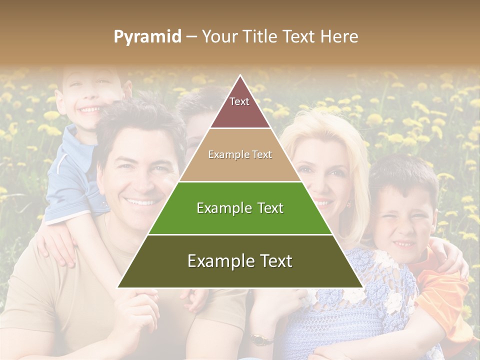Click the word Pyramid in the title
pyautogui.click(x=147, y=36)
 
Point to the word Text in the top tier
pyautogui.click(x=239, y=101)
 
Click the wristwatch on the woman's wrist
pyautogui.click(x=259, y=340)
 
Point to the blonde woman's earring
pyautogui.click(x=349, y=203)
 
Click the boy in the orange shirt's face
pyautogui.click(x=403, y=225)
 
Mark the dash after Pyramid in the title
pyautogui.click(x=191, y=36)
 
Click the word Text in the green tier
pyautogui.click(x=267, y=208)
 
